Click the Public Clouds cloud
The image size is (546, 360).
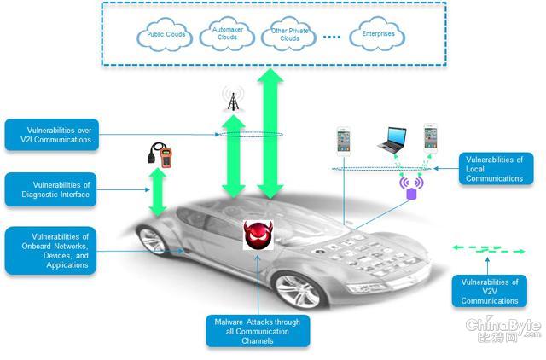[165, 35]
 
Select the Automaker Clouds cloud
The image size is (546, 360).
[227, 34]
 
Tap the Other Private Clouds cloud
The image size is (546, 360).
[288, 34]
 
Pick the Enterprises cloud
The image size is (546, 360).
[377, 34]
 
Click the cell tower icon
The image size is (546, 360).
[233, 98]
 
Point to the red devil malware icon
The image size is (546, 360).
[258, 235]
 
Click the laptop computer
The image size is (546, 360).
[392, 140]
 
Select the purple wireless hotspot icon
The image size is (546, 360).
[411, 189]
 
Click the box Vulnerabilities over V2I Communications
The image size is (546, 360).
[52, 135]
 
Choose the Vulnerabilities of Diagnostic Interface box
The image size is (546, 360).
[51, 189]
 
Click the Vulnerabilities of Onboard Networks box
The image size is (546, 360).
[51, 251]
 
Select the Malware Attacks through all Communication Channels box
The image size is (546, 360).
[258, 331]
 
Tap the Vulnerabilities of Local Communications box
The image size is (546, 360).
[497, 169]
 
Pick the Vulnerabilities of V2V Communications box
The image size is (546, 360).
[490, 291]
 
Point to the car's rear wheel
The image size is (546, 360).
[153, 241]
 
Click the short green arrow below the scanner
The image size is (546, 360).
[158, 192]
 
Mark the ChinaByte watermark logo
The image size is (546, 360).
[503, 329]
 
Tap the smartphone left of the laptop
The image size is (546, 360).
[343, 142]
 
